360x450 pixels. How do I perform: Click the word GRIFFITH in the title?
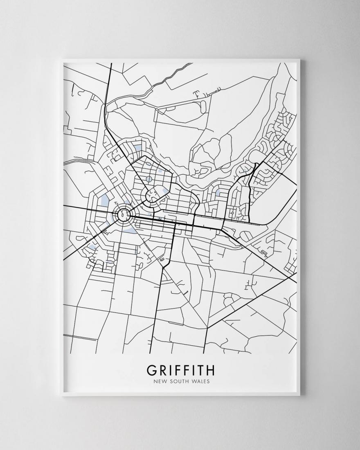(180, 370)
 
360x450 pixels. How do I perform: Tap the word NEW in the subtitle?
(160, 382)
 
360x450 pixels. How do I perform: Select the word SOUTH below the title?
(179, 382)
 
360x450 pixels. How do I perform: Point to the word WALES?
(200, 382)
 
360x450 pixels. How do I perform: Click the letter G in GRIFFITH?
(151, 370)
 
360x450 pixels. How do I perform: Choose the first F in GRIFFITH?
(176, 370)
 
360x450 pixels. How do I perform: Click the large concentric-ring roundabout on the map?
(123, 214)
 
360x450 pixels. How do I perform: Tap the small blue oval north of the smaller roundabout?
(148, 179)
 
